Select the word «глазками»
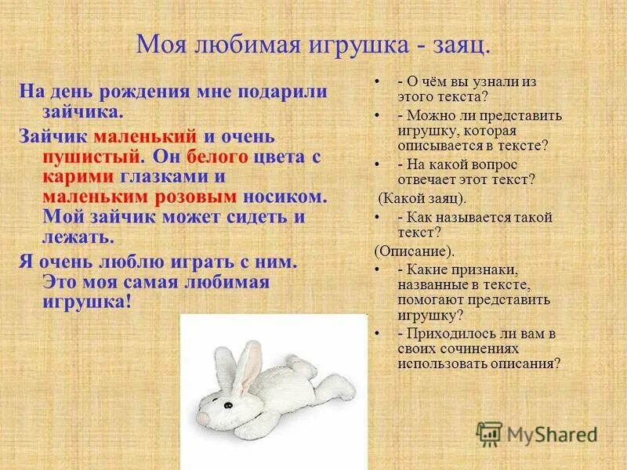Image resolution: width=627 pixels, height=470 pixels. click(x=166, y=176)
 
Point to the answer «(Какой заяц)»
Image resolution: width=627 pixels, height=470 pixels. click(x=422, y=197)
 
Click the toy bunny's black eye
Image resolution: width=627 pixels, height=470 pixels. click(x=229, y=405)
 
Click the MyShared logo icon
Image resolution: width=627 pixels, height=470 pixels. click(x=489, y=434)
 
